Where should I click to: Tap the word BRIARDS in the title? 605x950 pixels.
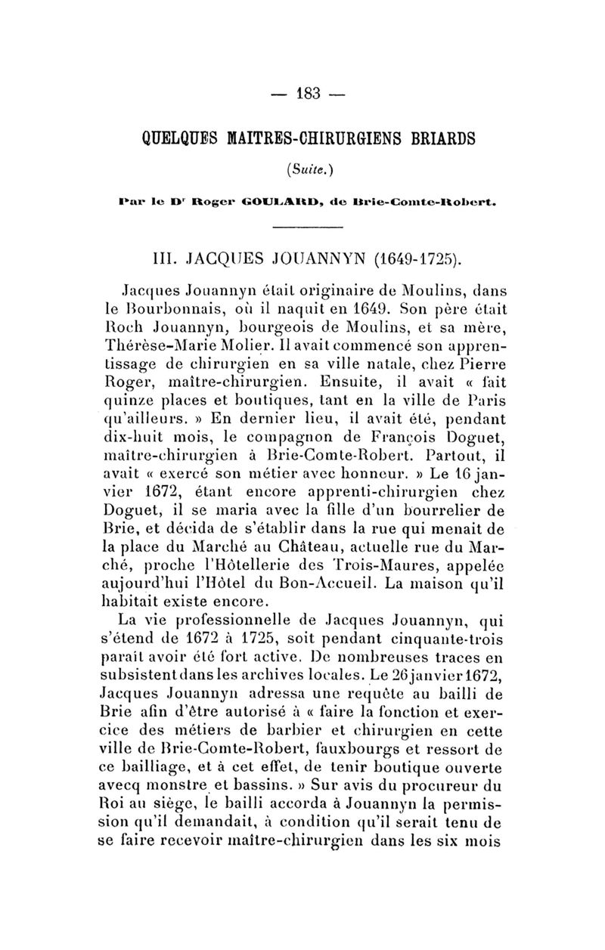coord(436,138)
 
